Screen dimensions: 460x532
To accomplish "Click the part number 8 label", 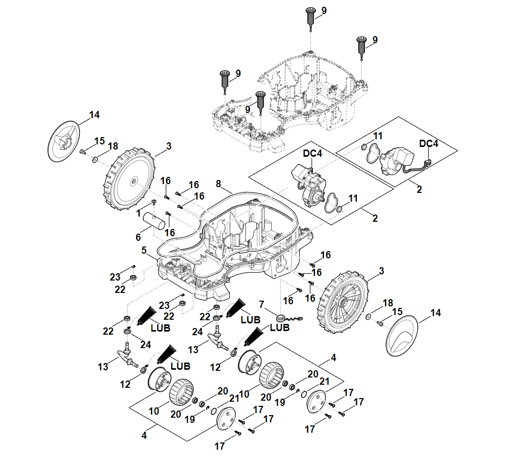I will point(219,184).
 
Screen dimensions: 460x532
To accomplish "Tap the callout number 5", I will point(144,250).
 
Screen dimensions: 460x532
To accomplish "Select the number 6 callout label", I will point(138,237).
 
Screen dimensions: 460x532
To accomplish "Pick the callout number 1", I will point(139,212).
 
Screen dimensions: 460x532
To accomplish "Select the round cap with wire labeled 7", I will point(281,318).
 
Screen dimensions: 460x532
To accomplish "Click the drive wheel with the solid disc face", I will point(132,180).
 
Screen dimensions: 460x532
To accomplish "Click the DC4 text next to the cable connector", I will point(429,144).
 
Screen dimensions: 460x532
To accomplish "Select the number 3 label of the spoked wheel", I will point(381,271).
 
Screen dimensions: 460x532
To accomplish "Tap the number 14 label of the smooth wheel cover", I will point(436,313).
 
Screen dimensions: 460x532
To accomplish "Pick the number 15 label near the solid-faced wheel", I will point(99,141).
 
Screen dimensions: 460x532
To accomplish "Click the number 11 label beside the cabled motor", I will point(378,136).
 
